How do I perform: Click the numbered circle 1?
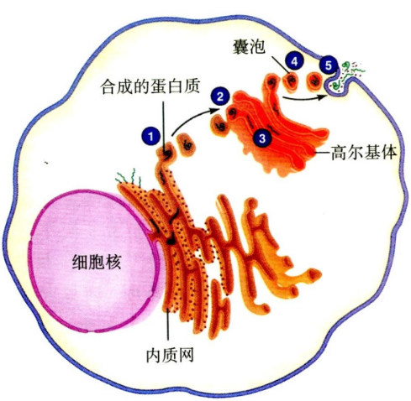[x=150, y=137]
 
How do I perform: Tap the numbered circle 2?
[x=220, y=96]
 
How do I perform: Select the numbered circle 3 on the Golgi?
[x=262, y=138]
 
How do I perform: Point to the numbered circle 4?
[x=294, y=61]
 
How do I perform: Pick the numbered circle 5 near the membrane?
[x=329, y=65]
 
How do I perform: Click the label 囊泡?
[x=248, y=47]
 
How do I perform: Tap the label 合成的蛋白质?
[x=150, y=86]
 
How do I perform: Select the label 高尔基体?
[x=364, y=153]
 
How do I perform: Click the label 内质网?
[x=170, y=355]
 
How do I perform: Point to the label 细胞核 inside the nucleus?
[x=97, y=262]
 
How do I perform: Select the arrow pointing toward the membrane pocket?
[x=305, y=98]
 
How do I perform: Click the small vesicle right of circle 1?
[x=187, y=145]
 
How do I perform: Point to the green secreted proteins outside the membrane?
[x=347, y=74]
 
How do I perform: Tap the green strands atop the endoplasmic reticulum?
[x=129, y=177]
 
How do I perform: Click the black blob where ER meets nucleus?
[x=171, y=240]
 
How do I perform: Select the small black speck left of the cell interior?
[x=46, y=162]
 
